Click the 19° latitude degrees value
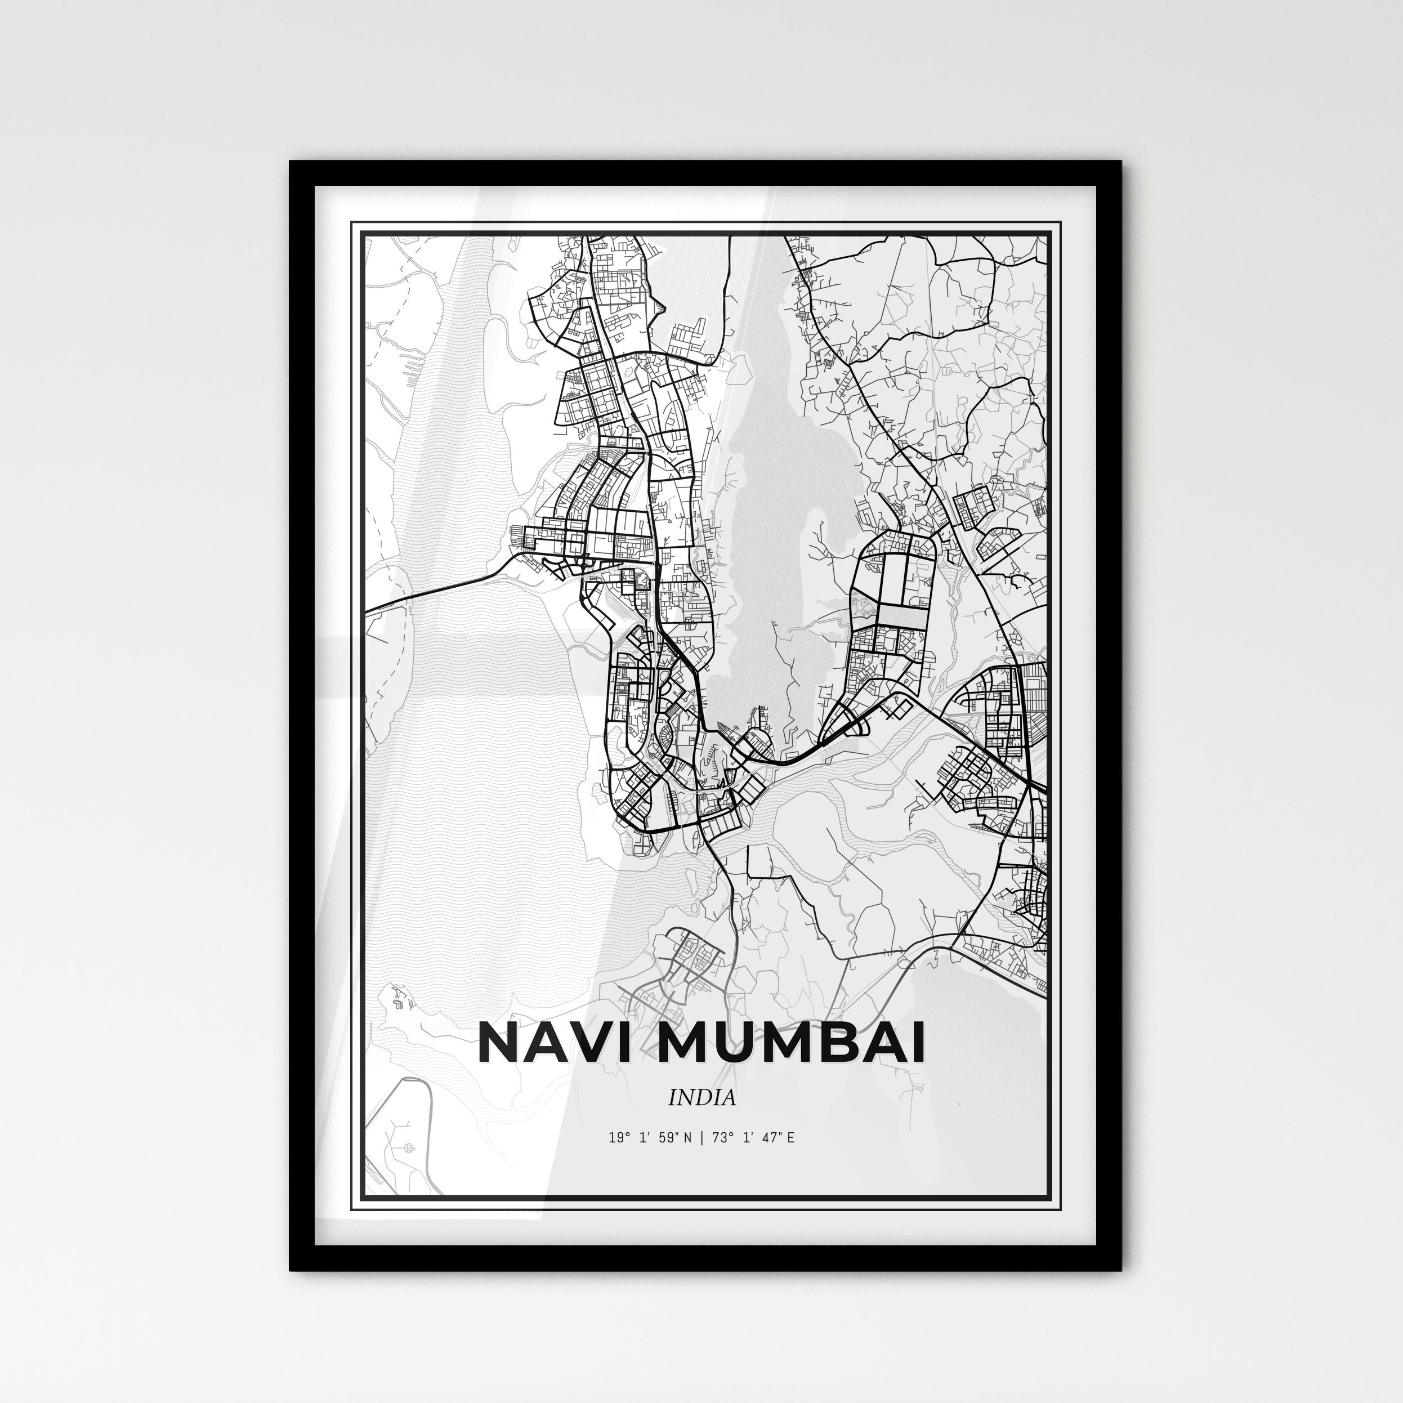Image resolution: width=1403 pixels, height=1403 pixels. coord(618,1158)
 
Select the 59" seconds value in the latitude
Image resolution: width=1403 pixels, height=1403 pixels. coord(664,1158)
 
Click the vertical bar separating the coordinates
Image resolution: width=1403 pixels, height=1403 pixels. coord(701,1158)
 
